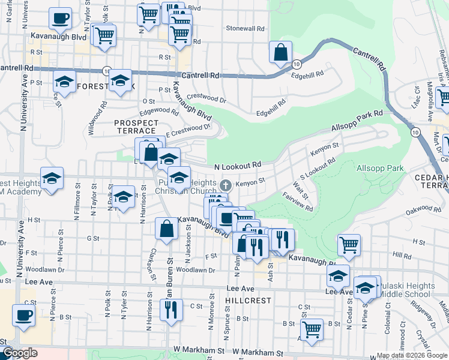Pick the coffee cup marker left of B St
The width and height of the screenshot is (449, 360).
coord(23,315)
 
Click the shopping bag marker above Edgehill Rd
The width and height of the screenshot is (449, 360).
coord(280,52)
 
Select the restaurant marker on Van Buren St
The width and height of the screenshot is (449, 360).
coord(171,310)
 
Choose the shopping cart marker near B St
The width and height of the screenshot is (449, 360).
coord(312,329)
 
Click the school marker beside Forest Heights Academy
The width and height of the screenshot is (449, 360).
coord(52,179)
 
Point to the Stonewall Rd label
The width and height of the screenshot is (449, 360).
coord(245,28)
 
